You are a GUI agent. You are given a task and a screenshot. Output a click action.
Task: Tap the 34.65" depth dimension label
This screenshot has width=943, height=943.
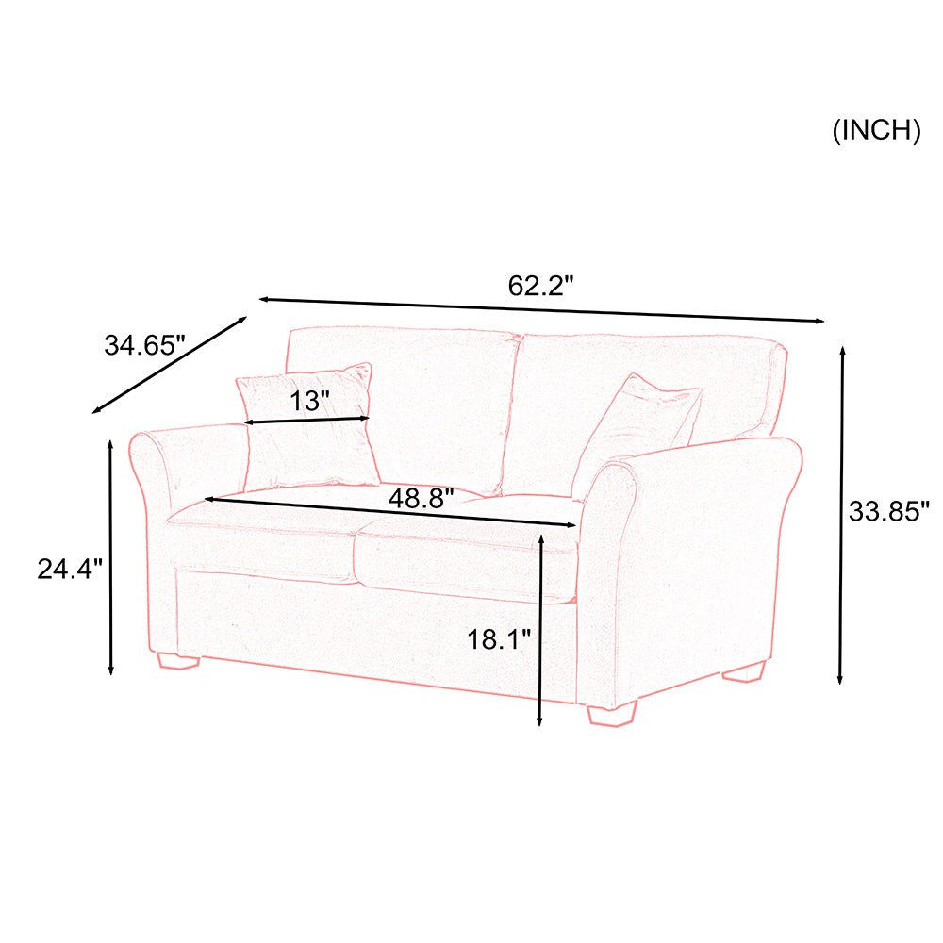[x=145, y=345]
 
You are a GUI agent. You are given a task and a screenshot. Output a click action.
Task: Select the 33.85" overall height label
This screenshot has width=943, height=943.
[x=889, y=511]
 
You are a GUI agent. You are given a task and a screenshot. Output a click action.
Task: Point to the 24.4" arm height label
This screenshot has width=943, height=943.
[x=70, y=569]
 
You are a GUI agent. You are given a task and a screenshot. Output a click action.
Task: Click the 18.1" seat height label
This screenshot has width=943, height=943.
[x=499, y=639]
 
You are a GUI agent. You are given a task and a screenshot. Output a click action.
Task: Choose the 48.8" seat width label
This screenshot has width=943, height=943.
[x=421, y=498]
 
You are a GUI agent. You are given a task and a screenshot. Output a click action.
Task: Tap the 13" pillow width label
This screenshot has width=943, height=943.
[x=310, y=401]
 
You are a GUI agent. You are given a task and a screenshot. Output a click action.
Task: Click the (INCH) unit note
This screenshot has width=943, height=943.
[x=876, y=130]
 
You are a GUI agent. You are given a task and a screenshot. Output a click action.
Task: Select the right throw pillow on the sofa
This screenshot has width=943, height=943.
[x=637, y=433]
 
